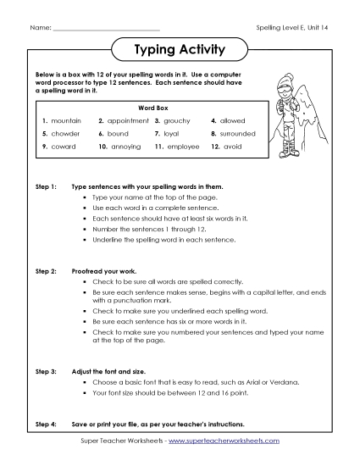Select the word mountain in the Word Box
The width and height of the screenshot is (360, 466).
pos(66,121)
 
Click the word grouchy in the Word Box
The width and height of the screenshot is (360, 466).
pos(177,121)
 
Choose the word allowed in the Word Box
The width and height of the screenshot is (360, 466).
pos(233,121)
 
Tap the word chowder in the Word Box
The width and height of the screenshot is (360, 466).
pos(65,134)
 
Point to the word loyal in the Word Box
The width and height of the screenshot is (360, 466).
pos(173,134)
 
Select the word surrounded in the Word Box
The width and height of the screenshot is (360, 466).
pos(238,134)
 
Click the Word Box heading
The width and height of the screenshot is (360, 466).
pos(149,108)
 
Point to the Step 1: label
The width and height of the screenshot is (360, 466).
pos(45,184)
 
